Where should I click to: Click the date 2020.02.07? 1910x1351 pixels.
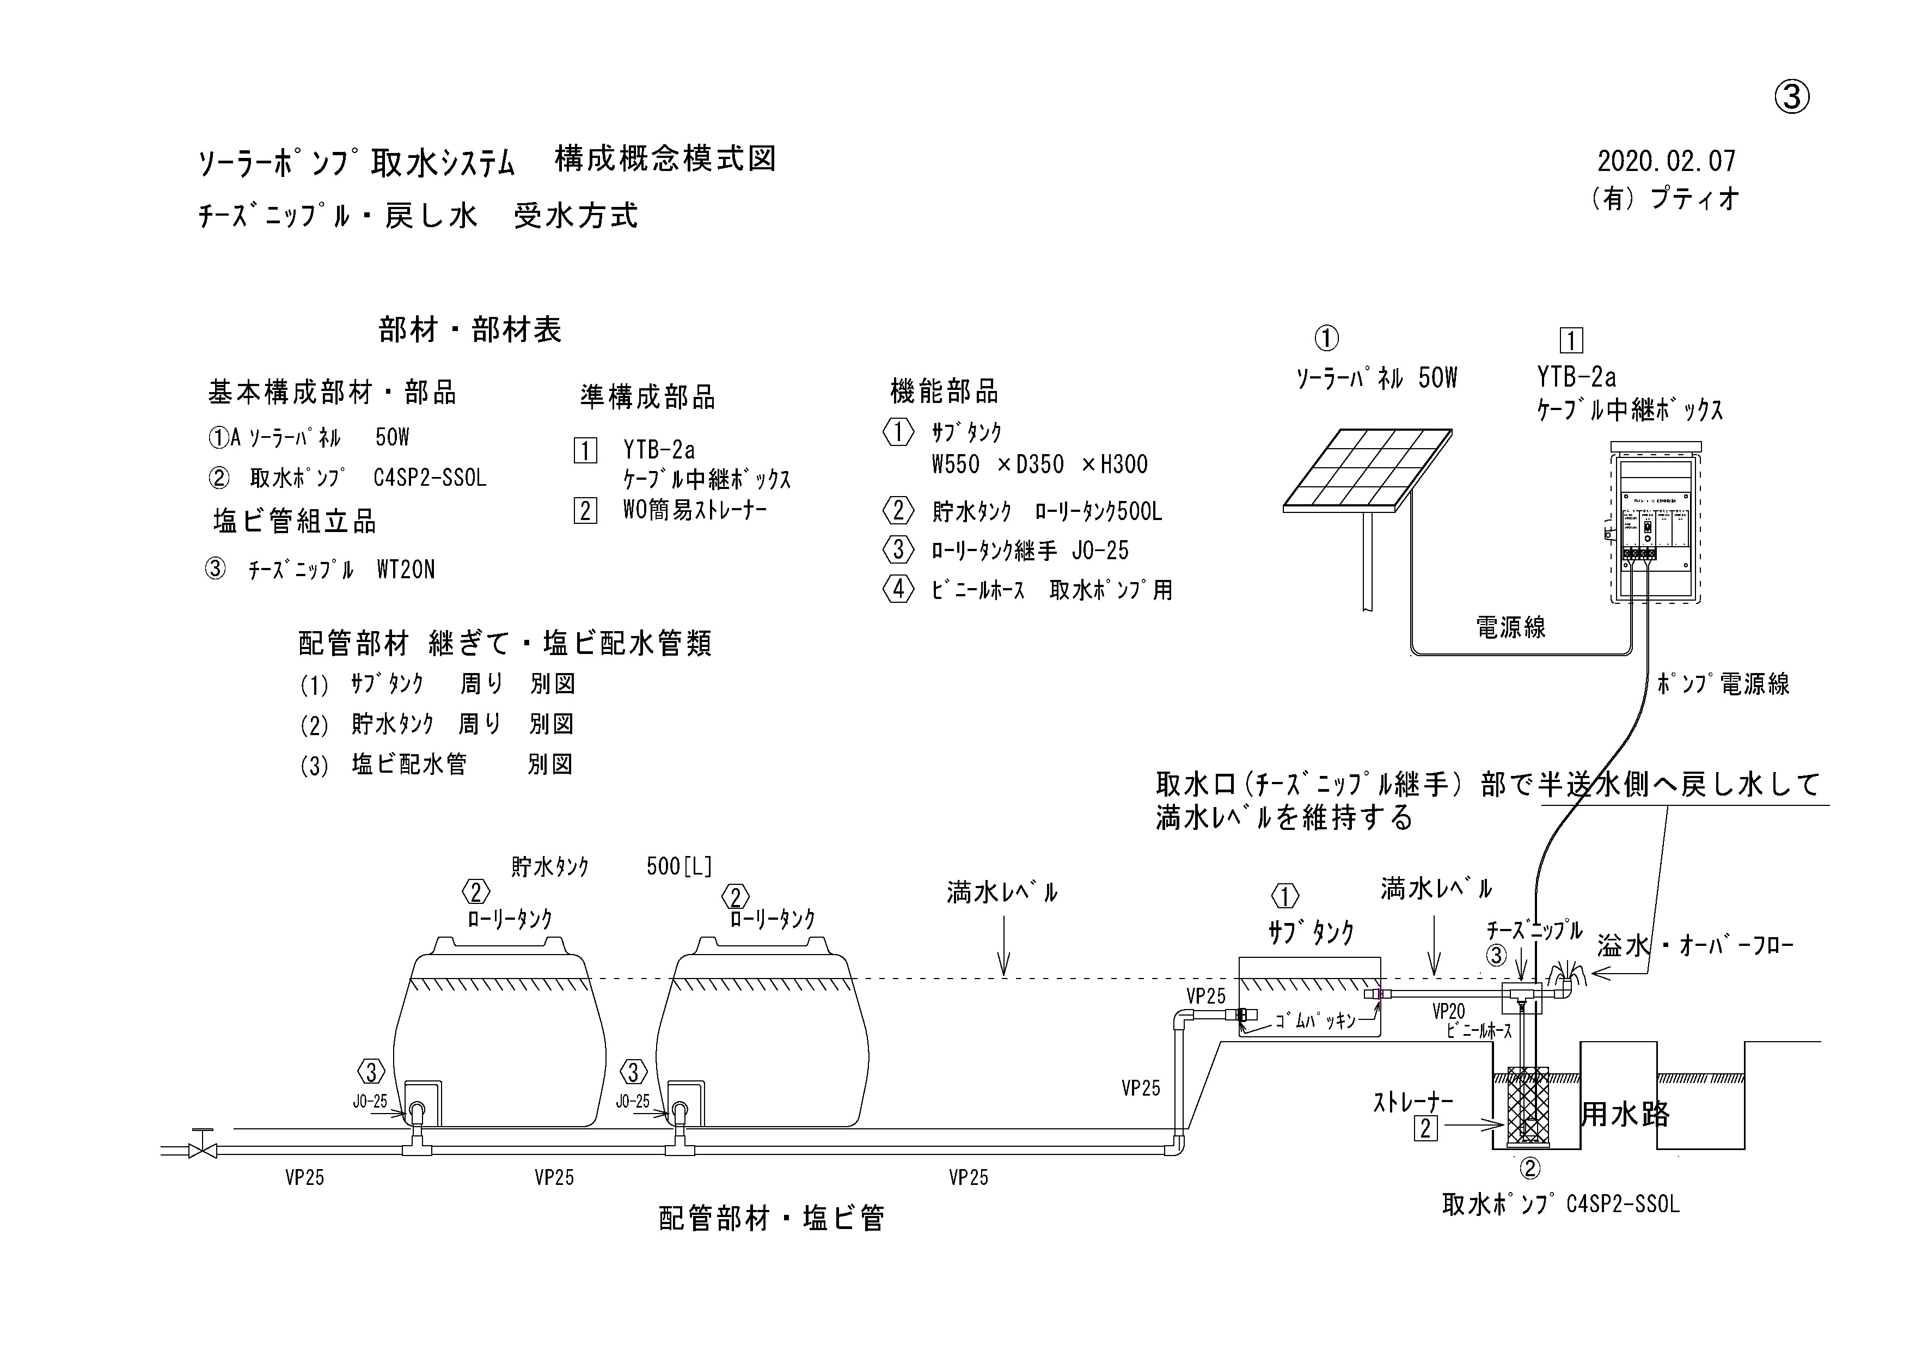pos(1666,161)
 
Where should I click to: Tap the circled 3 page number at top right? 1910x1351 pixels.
pos(1793,98)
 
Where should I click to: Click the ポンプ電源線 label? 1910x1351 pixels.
pos(1723,684)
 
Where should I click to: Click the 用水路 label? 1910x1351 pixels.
pos(1625,1114)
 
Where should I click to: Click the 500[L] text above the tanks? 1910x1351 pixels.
pos(679,867)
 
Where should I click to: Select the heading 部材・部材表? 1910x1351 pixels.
pos(470,331)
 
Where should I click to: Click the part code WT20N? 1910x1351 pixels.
pos(406,570)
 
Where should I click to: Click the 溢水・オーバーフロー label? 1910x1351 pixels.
pos(1694,946)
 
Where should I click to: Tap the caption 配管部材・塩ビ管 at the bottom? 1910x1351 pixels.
pos(771,1219)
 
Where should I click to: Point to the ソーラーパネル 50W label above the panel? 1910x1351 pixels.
pos(1377,378)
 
